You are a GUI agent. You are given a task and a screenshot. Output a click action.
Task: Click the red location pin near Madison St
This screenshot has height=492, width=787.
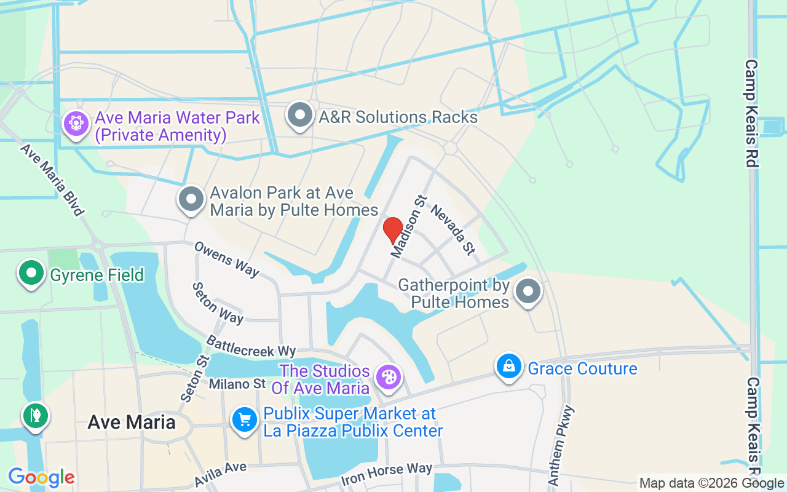[x=393, y=230]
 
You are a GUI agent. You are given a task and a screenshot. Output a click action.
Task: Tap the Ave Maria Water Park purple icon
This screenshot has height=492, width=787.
[x=76, y=124]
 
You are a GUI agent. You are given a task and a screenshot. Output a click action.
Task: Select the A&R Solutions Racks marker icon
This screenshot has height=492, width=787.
[x=300, y=115]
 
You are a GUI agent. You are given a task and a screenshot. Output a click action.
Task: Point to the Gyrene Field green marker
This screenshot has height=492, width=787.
[x=31, y=273]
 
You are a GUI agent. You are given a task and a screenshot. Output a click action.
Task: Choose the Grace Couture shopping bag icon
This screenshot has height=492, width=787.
[x=508, y=367]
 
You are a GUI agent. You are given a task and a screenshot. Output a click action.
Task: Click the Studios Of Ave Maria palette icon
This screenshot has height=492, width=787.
[x=389, y=377]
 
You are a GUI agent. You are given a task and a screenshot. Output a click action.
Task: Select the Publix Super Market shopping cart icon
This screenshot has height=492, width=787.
[x=245, y=421]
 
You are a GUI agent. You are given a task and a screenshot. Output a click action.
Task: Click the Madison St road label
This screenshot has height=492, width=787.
[x=409, y=226]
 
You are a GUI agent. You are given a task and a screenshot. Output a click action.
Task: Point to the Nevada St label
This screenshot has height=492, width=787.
[x=453, y=229]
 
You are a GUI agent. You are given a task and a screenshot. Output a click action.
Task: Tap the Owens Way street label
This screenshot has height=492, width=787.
[x=226, y=258]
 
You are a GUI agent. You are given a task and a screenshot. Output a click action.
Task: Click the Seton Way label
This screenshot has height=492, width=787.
[x=218, y=303]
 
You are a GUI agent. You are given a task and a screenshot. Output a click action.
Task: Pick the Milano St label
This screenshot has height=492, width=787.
[x=237, y=384]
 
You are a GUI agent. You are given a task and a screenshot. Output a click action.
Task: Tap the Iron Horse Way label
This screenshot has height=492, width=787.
[x=387, y=473]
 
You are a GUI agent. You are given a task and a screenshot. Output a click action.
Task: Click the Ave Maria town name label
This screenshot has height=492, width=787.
[x=132, y=422]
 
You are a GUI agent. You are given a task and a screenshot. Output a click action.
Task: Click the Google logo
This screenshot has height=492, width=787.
[x=41, y=477]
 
